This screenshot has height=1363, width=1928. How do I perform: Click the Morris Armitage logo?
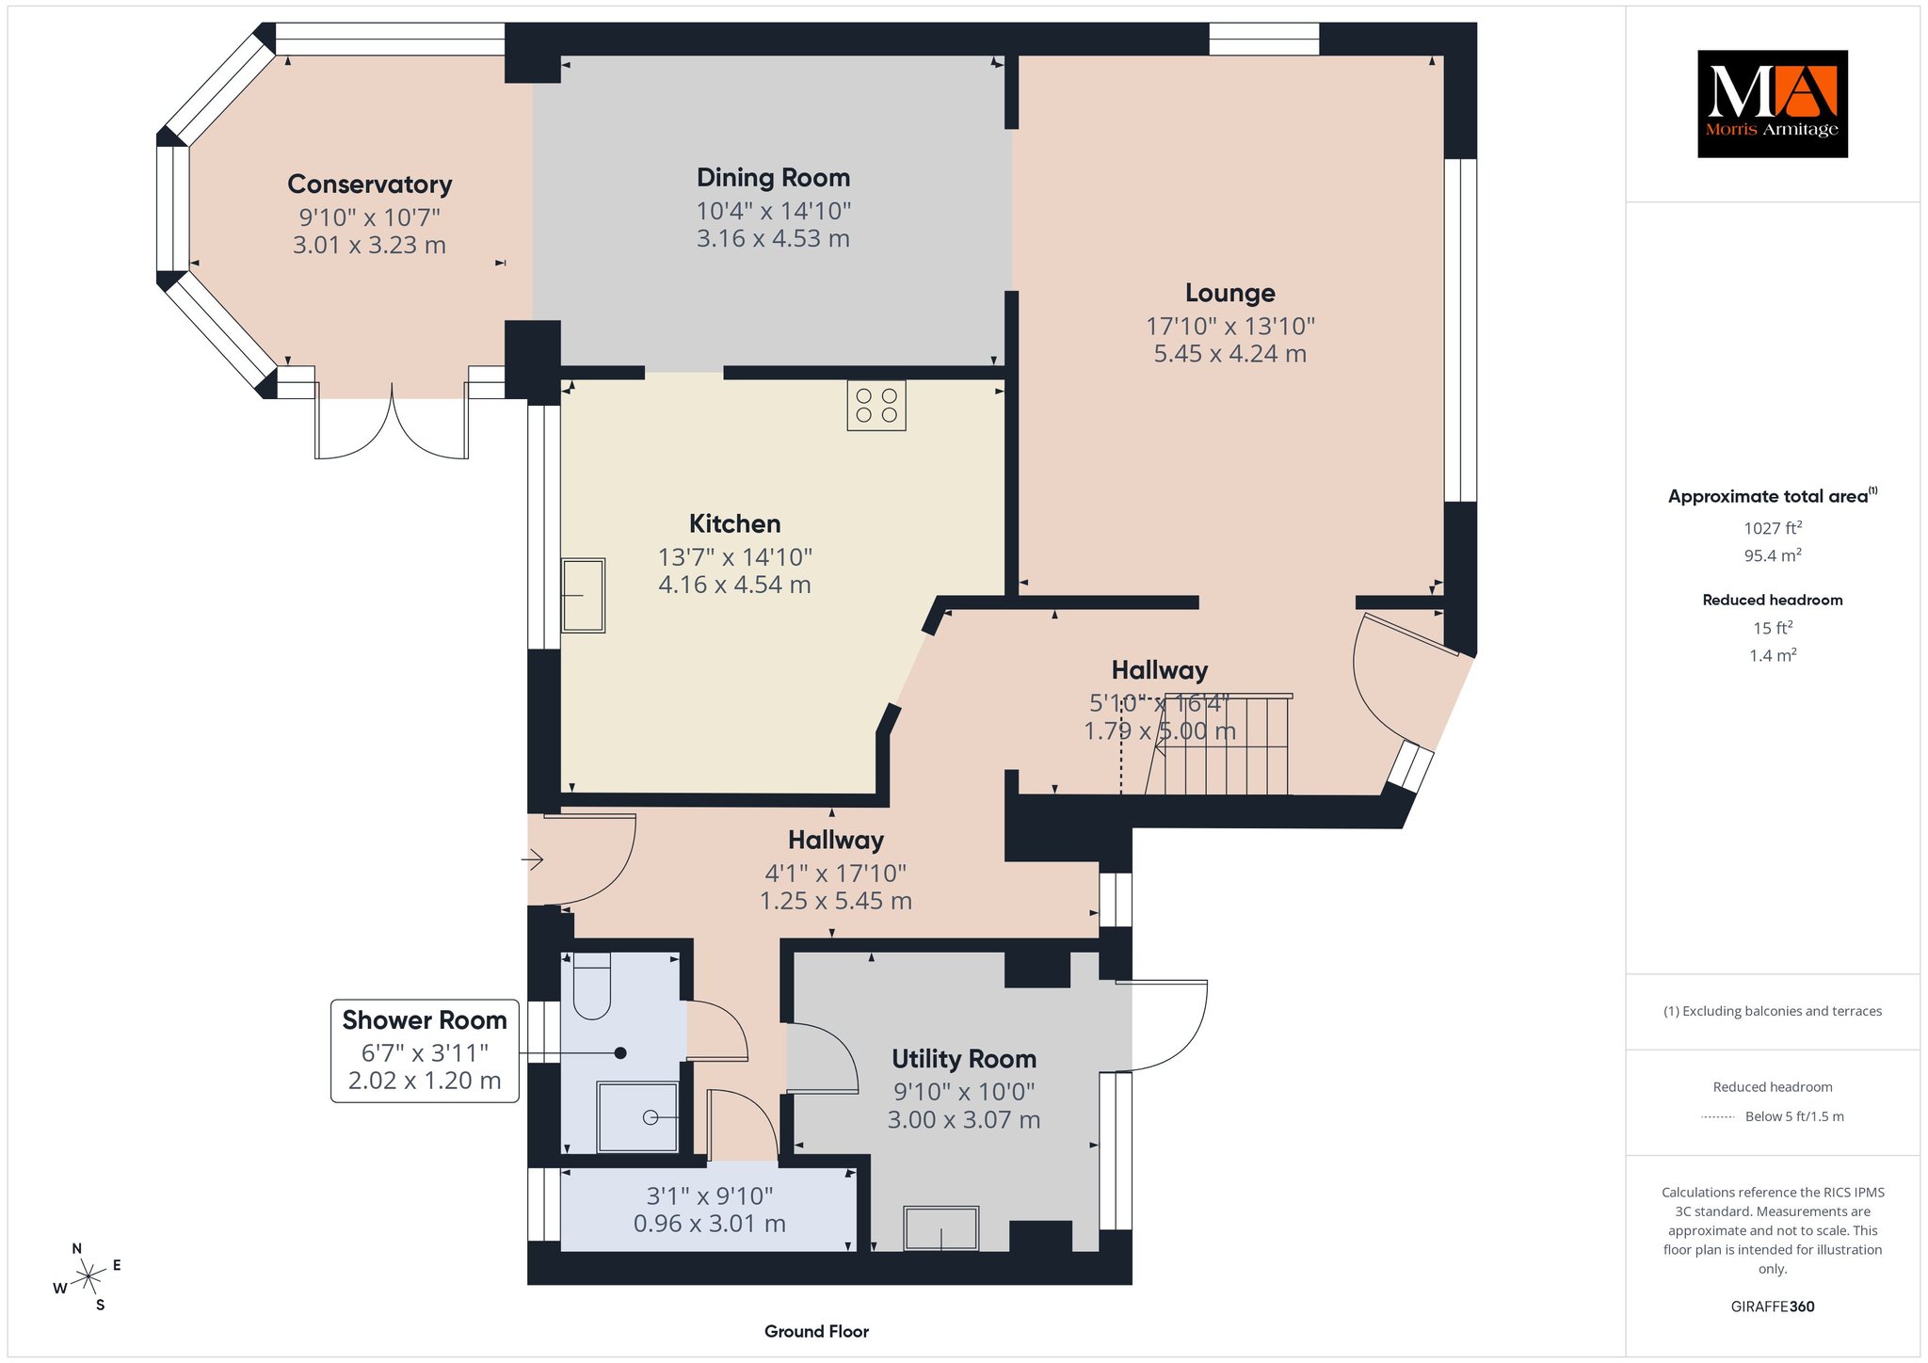pos(1772,104)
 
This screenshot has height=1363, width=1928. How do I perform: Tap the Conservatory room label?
pos(370,184)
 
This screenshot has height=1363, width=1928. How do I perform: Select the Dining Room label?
pos(773,178)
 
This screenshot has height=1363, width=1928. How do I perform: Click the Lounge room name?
pos(1229,293)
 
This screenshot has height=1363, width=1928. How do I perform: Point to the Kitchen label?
pos(734,523)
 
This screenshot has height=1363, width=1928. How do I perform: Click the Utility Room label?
pos(964,1059)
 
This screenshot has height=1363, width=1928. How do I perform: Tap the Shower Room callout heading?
pos(425,1020)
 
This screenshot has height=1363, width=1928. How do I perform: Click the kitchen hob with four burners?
pos(876,405)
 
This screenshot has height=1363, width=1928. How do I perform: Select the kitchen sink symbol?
pos(584,595)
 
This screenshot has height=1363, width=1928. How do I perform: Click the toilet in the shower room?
pos(592,986)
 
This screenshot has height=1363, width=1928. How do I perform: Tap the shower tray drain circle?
pos(651,1117)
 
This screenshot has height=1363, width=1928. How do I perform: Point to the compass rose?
pos(88,1277)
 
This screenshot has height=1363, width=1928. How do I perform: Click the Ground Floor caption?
pos(816,1331)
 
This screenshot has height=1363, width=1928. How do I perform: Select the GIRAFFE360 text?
pos(1772,1307)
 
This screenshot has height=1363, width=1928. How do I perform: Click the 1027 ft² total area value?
pos(1773,528)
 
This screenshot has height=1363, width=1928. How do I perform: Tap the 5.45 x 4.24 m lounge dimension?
pos(1229,354)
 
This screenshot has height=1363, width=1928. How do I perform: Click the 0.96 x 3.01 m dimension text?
pos(709,1224)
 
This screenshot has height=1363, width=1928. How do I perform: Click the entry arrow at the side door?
pos(533,858)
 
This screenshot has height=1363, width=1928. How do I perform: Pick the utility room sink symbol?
pos(941,1228)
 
